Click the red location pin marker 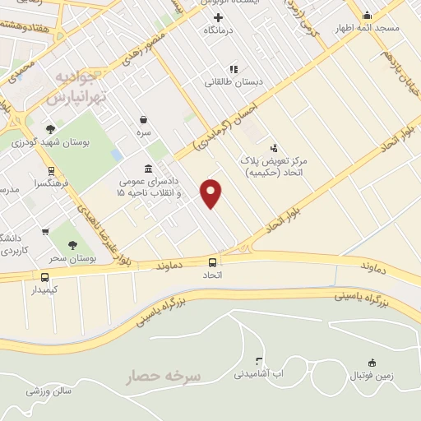click(212, 193)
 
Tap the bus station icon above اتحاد click(213, 261)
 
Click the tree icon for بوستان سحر click(72, 245)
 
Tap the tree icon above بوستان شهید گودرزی click(51, 128)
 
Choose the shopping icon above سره click(144, 119)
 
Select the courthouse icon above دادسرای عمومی click(147, 169)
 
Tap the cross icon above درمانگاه click(218, 17)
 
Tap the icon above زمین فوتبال click(372, 363)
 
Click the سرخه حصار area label click(163, 377)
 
